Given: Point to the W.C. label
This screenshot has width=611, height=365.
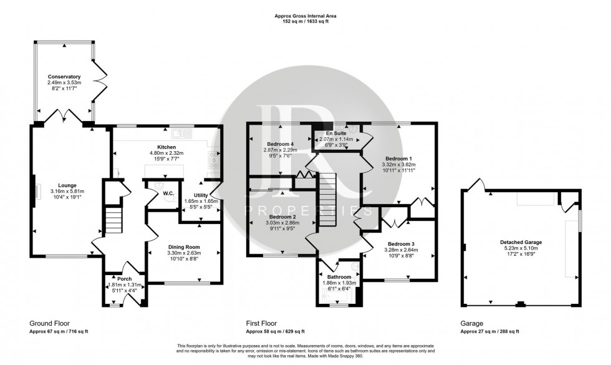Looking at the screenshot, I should pos(168,193).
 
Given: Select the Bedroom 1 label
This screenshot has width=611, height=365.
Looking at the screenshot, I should pos(398,158).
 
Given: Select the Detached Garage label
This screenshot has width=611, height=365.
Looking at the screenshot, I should pos(521,241).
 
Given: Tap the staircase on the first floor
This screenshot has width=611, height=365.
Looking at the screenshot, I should pos(327,200).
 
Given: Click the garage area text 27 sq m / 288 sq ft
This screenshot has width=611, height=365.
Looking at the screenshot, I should pos(499,332).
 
